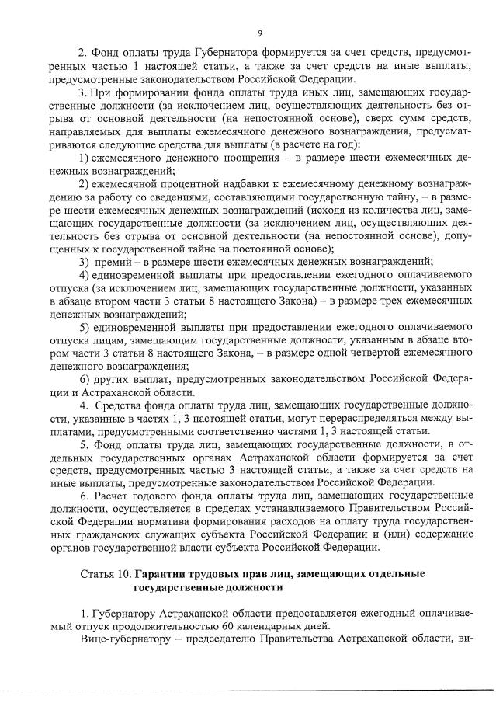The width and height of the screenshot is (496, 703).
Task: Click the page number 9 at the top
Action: pyautogui.click(x=259, y=33)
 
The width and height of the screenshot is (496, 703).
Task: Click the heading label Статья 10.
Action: pyautogui.click(x=105, y=575)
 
